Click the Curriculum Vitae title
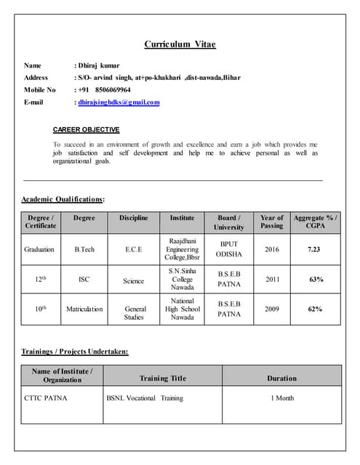click(180, 44)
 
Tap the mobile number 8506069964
click(109, 90)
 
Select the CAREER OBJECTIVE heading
click(86, 130)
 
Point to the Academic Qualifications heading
click(63, 198)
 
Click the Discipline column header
click(134, 217)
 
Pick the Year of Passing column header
click(271, 222)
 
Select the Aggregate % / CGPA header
click(315, 222)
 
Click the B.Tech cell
click(84, 249)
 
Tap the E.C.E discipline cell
click(134, 249)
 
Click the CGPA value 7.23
click(314, 249)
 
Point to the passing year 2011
click(271, 279)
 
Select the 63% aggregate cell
click(316, 279)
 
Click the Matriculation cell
click(84, 309)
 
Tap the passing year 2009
click(271, 309)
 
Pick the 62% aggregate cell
click(316, 309)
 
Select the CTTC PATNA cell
click(45, 398)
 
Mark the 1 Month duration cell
click(282, 398)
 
